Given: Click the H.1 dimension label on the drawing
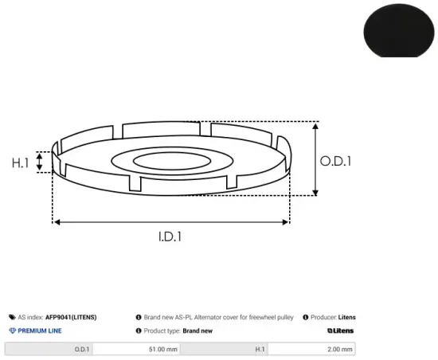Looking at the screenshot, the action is pyautogui.click(x=20, y=162).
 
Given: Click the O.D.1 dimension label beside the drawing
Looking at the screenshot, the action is pyautogui.click(x=335, y=162).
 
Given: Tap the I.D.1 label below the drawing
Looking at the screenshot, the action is pyautogui.click(x=170, y=237).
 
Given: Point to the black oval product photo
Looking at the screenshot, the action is pyautogui.click(x=399, y=30).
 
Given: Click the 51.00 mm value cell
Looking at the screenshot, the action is pyautogui.click(x=137, y=349).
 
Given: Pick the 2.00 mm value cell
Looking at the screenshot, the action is pyautogui.click(x=311, y=349).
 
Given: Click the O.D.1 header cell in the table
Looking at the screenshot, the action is pyautogui.click(x=49, y=349).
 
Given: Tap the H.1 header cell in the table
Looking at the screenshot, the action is pyautogui.click(x=224, y=349).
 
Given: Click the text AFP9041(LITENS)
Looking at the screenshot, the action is pyautogui.click(x=71, y=317).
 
